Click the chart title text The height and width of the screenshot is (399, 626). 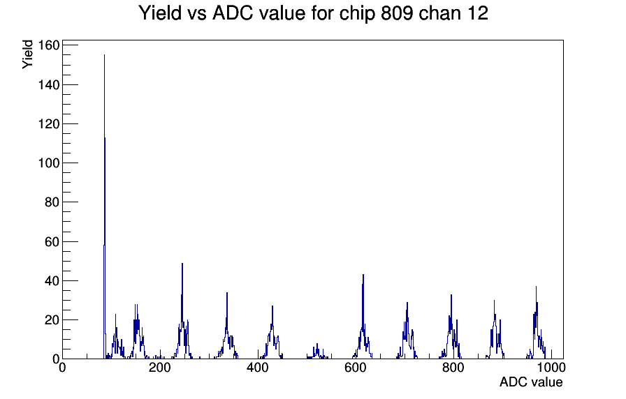pos(313,13)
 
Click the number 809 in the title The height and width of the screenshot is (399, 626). pos(397,13)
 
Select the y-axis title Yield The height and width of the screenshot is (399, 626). pos(27,54)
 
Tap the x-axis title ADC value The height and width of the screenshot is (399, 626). pos(531,382)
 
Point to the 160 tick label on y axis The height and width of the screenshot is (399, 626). pos(49,45)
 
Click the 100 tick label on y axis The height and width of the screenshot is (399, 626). pos(49,163)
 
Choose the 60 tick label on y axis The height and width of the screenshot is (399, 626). pos(52,241)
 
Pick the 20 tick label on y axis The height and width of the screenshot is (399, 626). pos(52,320)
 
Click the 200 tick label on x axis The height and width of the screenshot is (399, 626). pos(160,367)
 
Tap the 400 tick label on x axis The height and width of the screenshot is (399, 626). pos(258,367)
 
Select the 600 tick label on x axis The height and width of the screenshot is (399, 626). pos(356,367)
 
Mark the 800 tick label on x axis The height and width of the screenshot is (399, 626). pos(453,367)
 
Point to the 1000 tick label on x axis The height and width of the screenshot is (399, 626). pos(551,367)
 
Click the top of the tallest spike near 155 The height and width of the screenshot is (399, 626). pos(104,55)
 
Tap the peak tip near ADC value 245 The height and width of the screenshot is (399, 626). pos(182,264)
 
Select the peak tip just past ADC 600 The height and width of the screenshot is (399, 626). pos(363,275)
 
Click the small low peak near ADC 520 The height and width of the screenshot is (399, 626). pos(317,344)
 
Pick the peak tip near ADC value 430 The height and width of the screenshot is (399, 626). pos(272,306)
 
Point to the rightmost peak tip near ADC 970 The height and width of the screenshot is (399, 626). pos(536,287)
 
